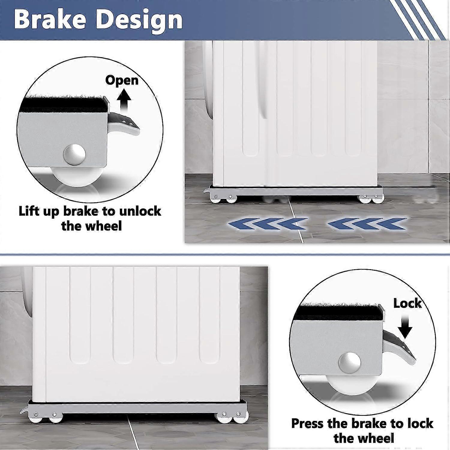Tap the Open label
121,80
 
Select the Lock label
407,303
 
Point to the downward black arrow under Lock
406,326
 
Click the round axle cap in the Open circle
74,155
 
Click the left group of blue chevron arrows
267,223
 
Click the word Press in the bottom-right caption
307,424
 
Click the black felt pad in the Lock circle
339,312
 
